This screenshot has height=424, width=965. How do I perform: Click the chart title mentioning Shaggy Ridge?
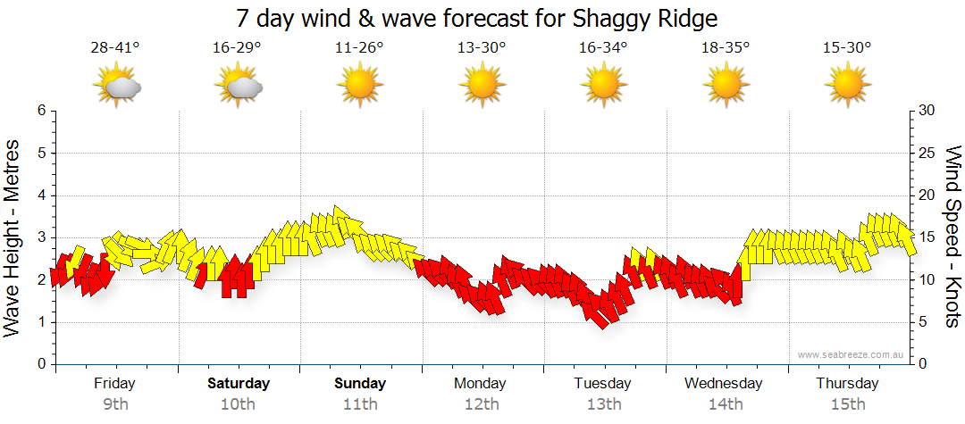(x=477, y=19)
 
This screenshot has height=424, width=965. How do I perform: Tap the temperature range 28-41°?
(x=114, y=48)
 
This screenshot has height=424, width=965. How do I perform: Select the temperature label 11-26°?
(x=359, y=48)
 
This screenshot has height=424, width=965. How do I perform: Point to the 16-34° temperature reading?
(x=603, y=48)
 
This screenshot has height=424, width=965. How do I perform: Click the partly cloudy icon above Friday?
(x=117, y=87)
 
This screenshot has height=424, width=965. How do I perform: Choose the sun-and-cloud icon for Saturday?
(x=239, y=87)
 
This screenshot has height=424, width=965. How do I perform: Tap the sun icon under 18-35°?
(x=726, y=87)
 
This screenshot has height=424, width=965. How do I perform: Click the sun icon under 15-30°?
(x=847, y=87)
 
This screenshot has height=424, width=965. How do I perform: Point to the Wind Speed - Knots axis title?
(x=952, y=237)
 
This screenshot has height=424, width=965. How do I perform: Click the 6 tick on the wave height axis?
(x=40, y=111)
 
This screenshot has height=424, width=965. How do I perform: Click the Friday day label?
(x=114, y=384)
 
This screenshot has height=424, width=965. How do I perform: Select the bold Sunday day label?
(x=360, y=384)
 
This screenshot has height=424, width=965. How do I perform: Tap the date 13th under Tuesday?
(x=604, y=403)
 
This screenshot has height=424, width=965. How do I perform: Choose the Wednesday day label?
(x=724, y=384)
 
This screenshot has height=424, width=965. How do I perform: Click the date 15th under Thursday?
(x=847, y=403)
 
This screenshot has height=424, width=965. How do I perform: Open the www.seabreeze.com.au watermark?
(x=852, y=355)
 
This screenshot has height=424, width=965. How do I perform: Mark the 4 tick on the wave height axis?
(x=40, y=195)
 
